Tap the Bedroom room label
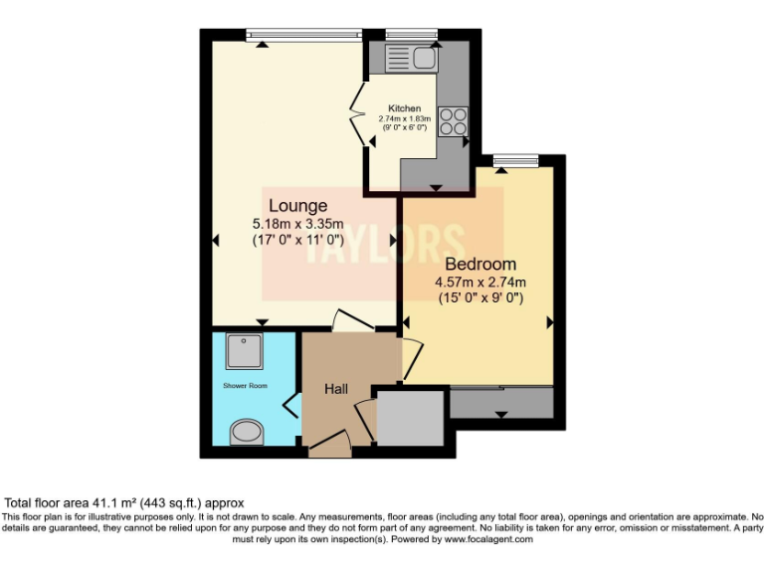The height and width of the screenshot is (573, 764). click(479, 264)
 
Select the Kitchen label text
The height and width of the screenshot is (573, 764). click(404, 108)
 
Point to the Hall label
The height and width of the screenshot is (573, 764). click(335, 389)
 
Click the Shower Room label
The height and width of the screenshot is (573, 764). click(245, 385)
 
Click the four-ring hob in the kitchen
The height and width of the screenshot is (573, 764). click(453, 120)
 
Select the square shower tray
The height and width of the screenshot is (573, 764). click(244, 350)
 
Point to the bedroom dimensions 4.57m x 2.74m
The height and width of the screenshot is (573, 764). click(479, 282)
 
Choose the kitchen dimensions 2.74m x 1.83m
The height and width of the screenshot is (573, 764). click(404, 118)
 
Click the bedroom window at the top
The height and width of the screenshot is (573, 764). click(514, 160)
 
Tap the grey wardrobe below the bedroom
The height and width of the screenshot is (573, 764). click(500, 403)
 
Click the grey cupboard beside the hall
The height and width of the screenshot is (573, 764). click(410, 419)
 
